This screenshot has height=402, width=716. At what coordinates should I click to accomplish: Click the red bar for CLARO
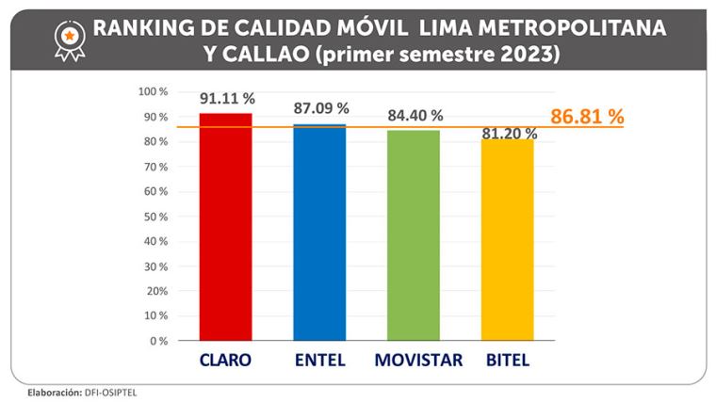225,226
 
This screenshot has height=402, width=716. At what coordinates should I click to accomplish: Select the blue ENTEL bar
319,232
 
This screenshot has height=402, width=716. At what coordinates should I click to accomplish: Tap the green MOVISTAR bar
414,234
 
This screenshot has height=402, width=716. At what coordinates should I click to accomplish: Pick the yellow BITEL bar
507,239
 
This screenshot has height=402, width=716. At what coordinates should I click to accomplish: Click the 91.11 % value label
227,98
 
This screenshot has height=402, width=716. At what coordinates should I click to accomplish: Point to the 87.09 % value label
321,108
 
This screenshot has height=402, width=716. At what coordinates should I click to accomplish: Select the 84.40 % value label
415,116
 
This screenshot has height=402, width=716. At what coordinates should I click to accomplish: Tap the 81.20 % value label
510,133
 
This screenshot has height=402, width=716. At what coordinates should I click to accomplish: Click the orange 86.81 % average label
587,118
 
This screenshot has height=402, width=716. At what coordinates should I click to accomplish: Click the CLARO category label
225,361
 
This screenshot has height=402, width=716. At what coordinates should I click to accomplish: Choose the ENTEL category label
319,361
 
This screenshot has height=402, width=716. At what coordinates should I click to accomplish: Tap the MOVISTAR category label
416,361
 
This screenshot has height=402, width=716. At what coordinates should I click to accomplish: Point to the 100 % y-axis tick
153,92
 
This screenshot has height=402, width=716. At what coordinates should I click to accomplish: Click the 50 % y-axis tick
155,217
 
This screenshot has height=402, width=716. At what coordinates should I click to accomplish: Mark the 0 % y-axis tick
158,341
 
